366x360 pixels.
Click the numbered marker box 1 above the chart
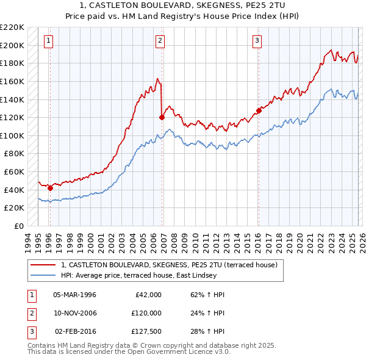click(x=48, y=41)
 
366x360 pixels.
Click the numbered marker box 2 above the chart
click(x=160, y=41)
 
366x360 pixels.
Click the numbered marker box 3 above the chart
click(x=257, y=41)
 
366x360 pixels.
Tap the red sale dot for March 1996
click(x=50, y=188)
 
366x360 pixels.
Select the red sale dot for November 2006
click(x=162, y=117)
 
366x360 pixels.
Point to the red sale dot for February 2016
click(x=259, y=110)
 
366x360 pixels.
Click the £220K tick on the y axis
click(x=12, y=27)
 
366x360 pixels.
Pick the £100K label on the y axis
click(x=12, y=135)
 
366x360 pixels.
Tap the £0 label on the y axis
click(x=18, y=226)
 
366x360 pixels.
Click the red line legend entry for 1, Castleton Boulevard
click(x=169, y=265)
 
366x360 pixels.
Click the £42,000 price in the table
click(x=147, y=295)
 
